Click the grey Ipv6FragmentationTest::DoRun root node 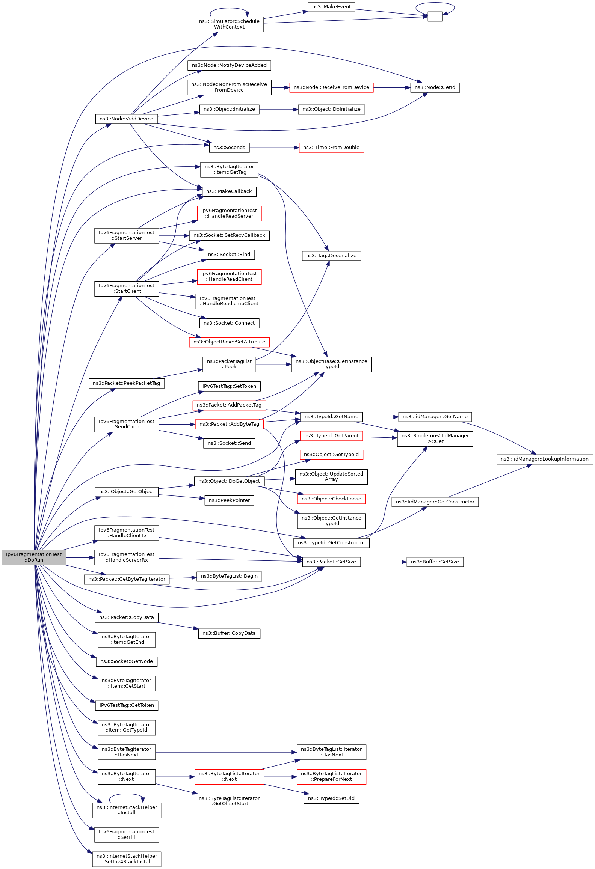coord(34,557)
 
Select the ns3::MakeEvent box coord(331,7)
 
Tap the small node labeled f coord(435,16)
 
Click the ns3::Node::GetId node coord(435,87)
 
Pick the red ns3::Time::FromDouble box coord(331,148)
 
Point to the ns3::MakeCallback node coord(229,191)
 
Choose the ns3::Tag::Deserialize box coord(331,256)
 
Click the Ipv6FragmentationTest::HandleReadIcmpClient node coord(229,301)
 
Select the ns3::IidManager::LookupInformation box coord(545,459)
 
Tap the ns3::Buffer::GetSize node coord(435,562)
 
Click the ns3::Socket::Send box coord(229,443)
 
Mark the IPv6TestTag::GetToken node coord(127,705)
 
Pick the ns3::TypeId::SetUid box coord(331,798)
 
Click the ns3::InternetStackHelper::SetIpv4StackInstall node coord(127,859)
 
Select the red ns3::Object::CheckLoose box coord(331,499)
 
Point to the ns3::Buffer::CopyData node coord(229,633)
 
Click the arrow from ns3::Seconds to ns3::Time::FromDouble coord(274,148)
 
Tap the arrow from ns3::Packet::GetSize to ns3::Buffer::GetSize coord(384,562)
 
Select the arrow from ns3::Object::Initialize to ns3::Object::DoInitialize coord(278,110)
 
